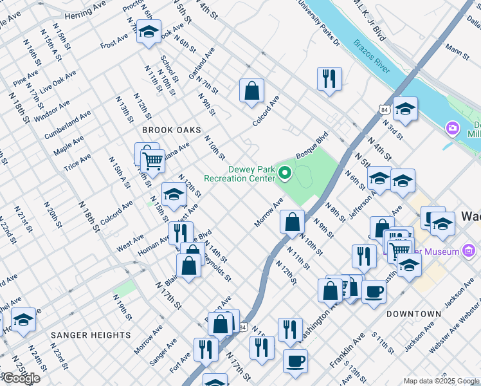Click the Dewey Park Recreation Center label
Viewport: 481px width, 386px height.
[240, 173]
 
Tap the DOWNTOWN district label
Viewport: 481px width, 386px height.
[414, 314]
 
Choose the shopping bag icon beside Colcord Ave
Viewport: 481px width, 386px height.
[251, 91]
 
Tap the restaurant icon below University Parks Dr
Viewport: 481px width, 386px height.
[329, 79]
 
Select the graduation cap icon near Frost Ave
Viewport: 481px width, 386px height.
[148, 32]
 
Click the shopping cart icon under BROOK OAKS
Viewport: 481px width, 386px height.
[152, 161]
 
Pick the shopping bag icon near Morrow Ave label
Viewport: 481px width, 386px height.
[292, 223]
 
